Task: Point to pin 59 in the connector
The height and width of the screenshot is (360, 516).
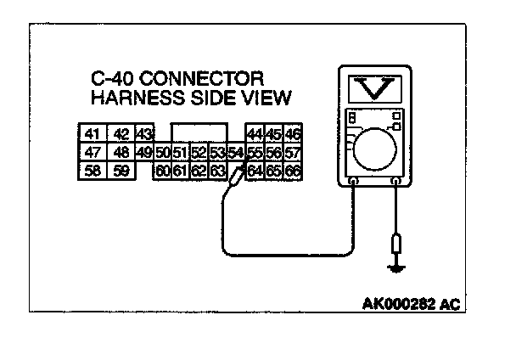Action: tap(121, 171)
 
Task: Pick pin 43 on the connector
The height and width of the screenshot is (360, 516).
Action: tap(143, 134)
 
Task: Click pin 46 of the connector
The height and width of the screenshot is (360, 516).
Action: tap(294, 134)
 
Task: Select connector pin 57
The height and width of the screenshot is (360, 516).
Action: tap(294, 153)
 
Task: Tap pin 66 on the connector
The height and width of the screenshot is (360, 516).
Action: tap(294, 171)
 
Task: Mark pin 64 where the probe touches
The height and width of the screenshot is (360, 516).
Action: tap(255, 171)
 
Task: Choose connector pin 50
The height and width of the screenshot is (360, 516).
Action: tap(162, 153)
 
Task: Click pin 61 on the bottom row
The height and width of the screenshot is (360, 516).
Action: tap(179, 171)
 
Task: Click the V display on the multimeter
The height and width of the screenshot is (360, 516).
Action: tap(374, 87)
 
